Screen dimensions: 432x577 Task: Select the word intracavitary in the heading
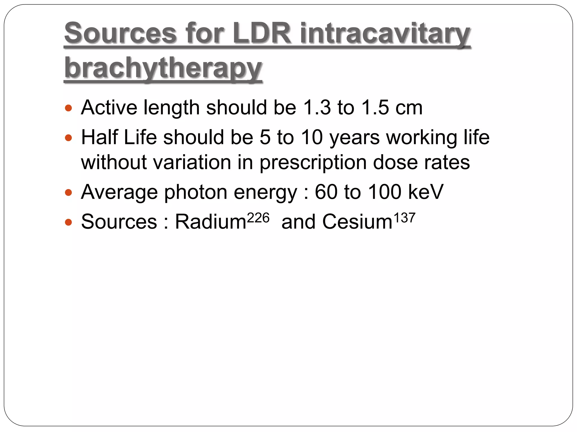coord(385,34)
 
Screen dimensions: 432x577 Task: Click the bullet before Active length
coord(68,108)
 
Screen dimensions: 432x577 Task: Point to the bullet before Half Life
coord(68,138)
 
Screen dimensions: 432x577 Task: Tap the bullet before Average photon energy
coord(68,193)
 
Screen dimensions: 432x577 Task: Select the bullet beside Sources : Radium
coord(68,222)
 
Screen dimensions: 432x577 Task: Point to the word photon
coord(196,193)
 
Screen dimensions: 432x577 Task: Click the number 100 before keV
coord(385,192)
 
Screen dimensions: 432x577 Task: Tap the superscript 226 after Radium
coord(258,218)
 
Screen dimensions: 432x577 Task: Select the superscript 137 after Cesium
coord(404,218)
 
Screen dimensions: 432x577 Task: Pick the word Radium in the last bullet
coord(211,222)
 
